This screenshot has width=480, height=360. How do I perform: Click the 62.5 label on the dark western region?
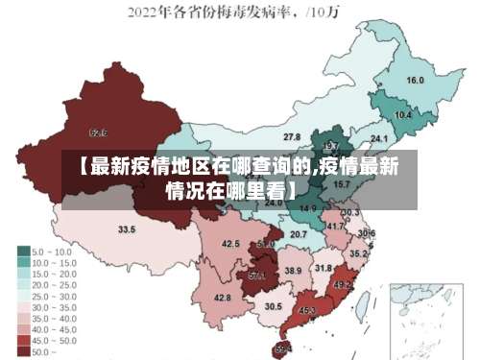point(98,132)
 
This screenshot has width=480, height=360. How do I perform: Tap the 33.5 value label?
point(127,229)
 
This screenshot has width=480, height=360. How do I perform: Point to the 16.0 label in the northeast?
point(416,81)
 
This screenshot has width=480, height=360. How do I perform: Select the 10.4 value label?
point(403,115)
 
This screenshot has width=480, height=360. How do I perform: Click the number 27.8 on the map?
point(291,137)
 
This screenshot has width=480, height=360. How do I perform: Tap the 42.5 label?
point(230,244)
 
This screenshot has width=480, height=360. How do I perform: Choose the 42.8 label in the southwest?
point(223,298)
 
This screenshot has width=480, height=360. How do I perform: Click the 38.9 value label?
point(294,272)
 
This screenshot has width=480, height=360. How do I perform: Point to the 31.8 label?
point(324,269)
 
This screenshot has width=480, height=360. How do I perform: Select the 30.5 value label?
point(274,306)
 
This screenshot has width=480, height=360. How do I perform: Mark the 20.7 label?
point(299,234)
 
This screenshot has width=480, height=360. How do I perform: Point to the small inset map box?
point(421,318)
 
